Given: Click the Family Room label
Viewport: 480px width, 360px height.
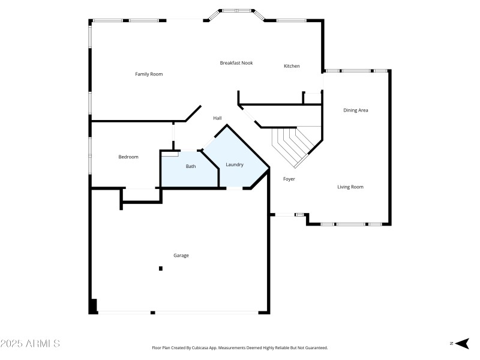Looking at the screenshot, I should (149, 74).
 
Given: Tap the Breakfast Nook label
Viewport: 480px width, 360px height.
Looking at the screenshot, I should (236, 62).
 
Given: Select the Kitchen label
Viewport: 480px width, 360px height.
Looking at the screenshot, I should (292, 66).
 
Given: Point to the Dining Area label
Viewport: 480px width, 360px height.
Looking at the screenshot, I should (355, 110).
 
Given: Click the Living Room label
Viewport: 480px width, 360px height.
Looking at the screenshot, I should (350, 187).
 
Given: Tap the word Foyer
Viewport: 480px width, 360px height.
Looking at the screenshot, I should (289, 179).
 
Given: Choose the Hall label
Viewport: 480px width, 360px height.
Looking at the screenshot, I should (217, 118).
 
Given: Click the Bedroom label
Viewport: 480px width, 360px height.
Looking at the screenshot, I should (128, 157).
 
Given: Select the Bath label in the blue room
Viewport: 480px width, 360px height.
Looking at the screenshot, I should (190, 166).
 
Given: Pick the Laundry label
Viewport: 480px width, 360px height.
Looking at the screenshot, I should (235, 164).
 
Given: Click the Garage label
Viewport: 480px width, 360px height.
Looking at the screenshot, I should (181, 256).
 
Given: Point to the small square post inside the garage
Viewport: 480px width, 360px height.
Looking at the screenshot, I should (160, 268).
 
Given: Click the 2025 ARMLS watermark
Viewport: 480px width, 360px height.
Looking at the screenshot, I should (30, 344).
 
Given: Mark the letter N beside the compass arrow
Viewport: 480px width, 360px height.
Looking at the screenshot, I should (451, 343).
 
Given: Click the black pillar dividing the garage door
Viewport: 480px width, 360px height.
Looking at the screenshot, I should (153, 312).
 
